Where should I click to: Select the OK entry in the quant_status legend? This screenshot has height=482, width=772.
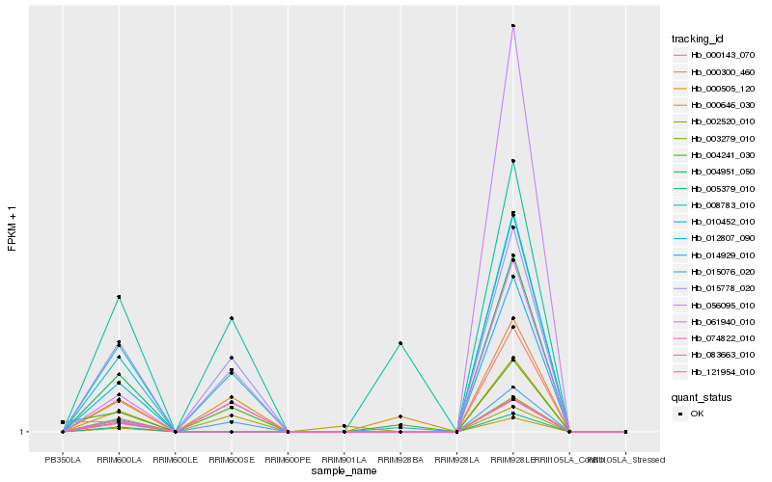(x=698, y=414)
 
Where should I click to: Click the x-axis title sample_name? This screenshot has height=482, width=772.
(x=345, y=470)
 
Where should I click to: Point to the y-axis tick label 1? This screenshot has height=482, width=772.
(x=23, y=432)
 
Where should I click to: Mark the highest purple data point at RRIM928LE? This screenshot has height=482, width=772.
(x=513, y=26)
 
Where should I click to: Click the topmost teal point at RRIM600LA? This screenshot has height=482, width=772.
(x=119, y=297)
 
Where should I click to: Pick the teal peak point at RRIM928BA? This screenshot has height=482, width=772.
(x=400, y=343)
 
